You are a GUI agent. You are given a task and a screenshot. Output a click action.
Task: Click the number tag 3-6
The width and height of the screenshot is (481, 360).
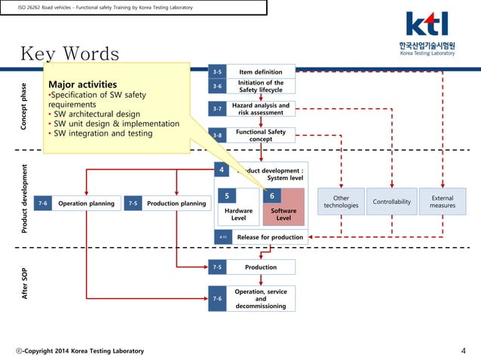tap(217, 87)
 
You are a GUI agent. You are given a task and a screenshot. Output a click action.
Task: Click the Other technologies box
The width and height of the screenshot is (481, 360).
tap(341, 202)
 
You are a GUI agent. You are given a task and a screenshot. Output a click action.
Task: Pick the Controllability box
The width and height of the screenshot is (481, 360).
tap(392, 202)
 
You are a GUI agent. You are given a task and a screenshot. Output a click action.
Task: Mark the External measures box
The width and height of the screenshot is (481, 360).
tap(442, 202)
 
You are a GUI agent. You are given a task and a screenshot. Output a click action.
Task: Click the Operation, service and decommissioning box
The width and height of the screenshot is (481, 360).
tap(260, 299)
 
